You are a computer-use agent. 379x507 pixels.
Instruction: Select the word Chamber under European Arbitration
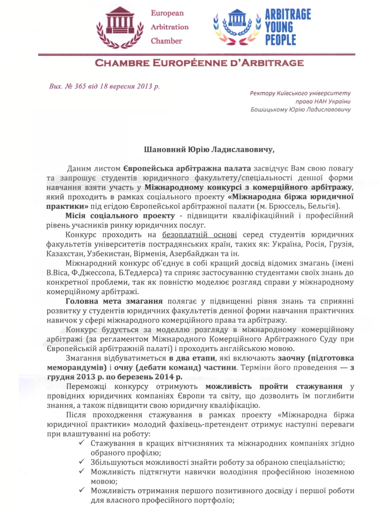tap(166, 41)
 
